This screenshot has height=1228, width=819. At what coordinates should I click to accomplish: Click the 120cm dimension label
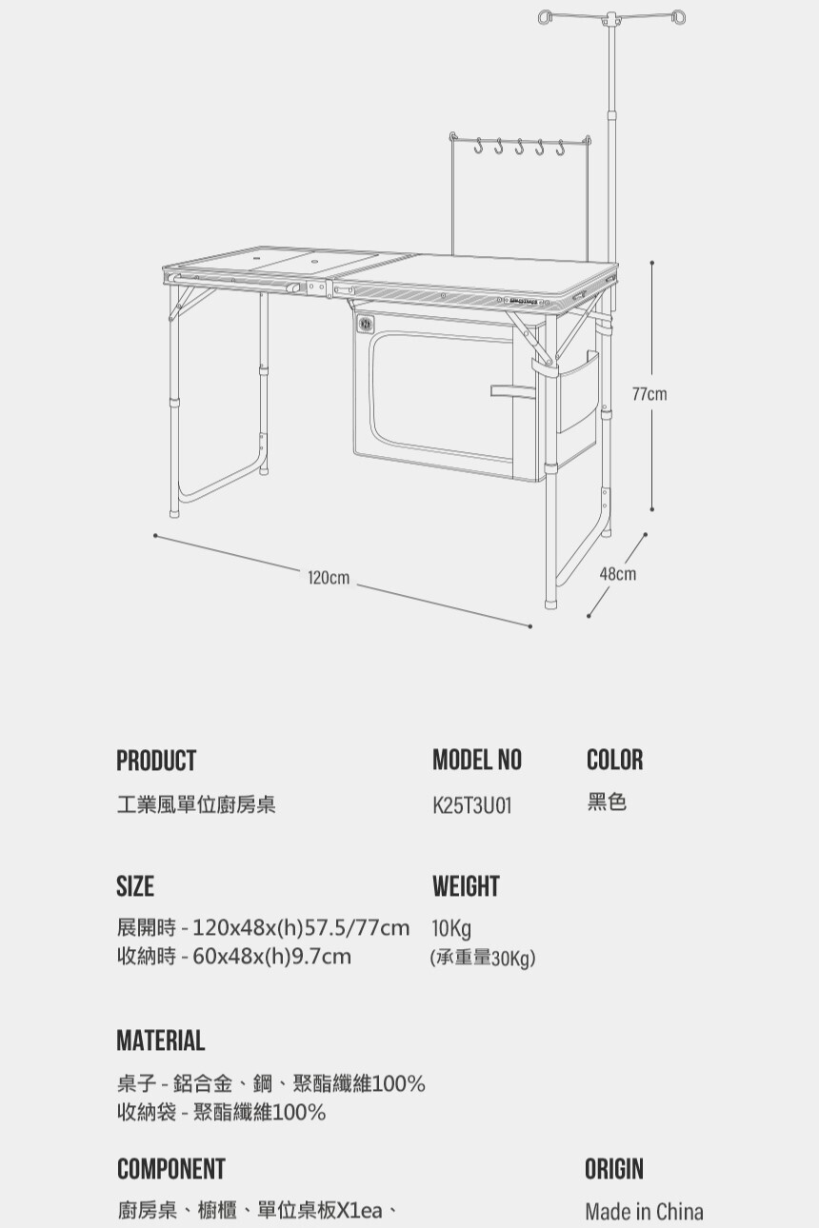[x=329, y=578]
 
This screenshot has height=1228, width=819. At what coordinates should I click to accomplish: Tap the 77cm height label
[x=649, y=393]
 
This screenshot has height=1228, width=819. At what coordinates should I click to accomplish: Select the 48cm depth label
[x=618, y=574]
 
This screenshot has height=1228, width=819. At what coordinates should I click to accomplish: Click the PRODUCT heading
[x=156, y=761]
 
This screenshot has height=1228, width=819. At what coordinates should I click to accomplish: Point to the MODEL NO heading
[x=477, y=760]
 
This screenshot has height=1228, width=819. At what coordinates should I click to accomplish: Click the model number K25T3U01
[x=472, y=805]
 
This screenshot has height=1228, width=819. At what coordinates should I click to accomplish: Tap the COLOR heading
[x=614, y=760]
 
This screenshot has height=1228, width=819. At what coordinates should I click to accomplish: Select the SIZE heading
[x=135, y=886]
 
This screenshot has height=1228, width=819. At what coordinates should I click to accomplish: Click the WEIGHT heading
[x=466, y=886]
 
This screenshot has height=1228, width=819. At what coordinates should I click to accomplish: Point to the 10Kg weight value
[x=451, y=928]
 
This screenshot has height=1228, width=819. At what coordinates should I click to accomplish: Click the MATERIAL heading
[x=160, y=1040]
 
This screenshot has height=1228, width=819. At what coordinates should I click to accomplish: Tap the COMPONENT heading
[x=171, y=1169]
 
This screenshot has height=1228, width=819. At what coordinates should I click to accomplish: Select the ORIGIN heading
[x=614, y=1169]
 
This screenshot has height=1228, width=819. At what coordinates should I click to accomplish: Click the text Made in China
[x=644, y=1212]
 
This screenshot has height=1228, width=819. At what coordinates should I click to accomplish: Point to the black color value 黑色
[x=607, y=802]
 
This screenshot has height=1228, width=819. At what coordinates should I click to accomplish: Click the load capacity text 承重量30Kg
[x=483, y=958]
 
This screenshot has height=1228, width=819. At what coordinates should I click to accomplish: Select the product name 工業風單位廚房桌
[x=196, y=805]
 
